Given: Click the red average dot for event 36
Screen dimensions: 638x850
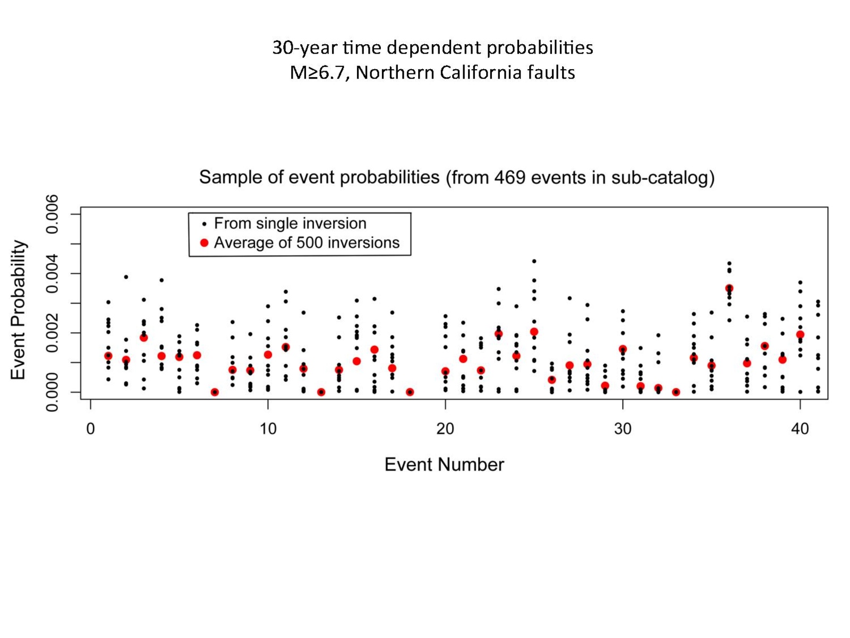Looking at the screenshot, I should [x=729, y=288].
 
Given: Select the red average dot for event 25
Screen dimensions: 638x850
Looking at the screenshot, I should [x=534, y=332].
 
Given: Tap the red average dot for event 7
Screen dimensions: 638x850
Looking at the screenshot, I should [x=215, y=392].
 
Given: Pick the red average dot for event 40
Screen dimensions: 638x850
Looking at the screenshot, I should [x=800, y=334].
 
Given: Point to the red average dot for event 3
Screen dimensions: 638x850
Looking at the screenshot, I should [x=143, y=338].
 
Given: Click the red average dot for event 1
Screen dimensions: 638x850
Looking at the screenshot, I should [x=108, y=356].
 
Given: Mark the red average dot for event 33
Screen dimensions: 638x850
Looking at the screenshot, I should [x=676, y=392].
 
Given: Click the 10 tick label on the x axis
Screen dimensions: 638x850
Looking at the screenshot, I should [x=268, y=429].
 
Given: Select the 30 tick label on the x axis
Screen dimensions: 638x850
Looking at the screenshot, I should [x=623, y=429].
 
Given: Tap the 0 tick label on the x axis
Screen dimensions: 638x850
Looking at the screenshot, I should [x=91, y=429].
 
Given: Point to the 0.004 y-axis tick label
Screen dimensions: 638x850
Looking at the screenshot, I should [x=52, y=274].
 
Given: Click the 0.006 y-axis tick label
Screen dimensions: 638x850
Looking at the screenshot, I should [x=52, y=214].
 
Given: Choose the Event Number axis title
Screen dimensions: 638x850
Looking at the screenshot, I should [x=444, y=465].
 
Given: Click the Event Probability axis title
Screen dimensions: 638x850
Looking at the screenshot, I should [x=18, y=309].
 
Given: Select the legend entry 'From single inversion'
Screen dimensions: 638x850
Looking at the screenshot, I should [x=290, y=223].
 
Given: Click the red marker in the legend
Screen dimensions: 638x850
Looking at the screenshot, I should [x=204, y=243].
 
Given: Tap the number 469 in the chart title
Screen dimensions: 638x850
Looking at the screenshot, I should [x=509, y=177].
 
